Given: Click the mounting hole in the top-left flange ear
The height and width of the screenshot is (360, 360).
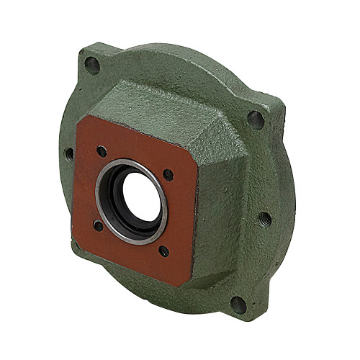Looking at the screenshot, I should tap(91, 63).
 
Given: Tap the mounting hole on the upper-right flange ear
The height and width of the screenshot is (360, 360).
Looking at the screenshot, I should tap(256, 119).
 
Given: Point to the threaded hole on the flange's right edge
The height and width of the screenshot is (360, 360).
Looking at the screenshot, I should tap(266, 217).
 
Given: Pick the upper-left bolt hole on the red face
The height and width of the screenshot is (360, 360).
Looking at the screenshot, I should tap(102, 151).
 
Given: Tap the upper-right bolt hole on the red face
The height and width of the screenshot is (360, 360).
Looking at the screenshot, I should tap(168, 174).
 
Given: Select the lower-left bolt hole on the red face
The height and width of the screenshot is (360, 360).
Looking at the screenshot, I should tap(99, 226).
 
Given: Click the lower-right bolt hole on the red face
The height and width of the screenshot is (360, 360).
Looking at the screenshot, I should tap(164, 251).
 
